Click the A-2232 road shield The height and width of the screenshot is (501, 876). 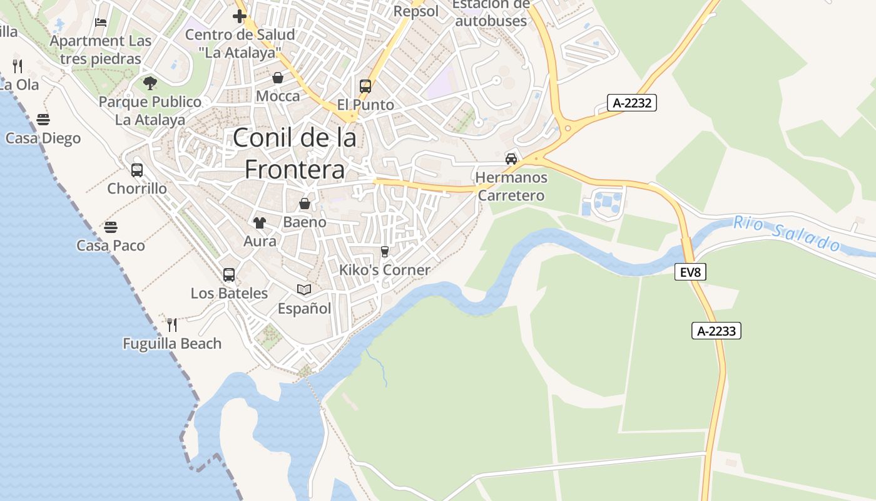pyautogui.click(x=632, y=103)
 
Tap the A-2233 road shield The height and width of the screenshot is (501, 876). pyautogui.click(x=716, y=331)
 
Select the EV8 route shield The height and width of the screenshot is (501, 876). pyautogui.click(x=690, y=272)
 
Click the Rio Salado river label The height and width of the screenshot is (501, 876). pyautogui.click(x=787, y=233)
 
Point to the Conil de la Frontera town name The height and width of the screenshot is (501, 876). pyautogui.click(x=295, y=153)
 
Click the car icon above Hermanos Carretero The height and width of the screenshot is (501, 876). pyautogui.click(x=511, y=158)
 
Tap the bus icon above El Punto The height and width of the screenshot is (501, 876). pyautogui.click(x=365, y=86)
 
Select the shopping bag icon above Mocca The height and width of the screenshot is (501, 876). pyautogui.click(x=278, y=78)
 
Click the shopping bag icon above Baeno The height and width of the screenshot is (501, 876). pyautogui.click(x=305, y=204)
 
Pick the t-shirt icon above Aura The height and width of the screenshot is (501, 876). pyautogui.click(x=260, y=222)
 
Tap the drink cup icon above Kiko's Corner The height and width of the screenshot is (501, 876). pyautogui.click(x=385, y=252)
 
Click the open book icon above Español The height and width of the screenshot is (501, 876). pyautogui.click(x=304, y=289)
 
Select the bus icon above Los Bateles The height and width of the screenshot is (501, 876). pyautogui.click(x=229, y=274)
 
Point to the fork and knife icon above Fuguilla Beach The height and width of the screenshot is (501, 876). pyautogui.click(x=172, y=324)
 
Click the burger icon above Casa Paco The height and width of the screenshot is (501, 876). pyautogui.click(x=111, y=227)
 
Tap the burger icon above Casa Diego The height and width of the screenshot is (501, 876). pyautogui.click(x=43, y=119)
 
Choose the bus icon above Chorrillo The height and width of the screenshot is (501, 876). pyautogui.click(x=137, y=170)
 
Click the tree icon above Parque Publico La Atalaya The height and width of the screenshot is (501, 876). pyautogui.click(x=150, y=83)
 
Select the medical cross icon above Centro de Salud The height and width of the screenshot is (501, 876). pyautogui.click(x=240, y=16)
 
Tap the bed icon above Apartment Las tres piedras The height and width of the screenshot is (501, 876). pyautogui.click(x=101, y=23)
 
